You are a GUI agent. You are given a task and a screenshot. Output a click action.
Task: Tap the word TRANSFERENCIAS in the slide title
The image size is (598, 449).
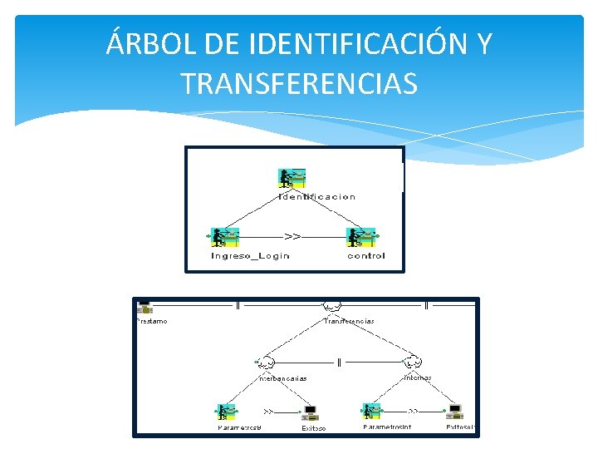click(299, 83)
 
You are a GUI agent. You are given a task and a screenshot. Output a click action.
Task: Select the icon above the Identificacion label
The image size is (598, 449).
click(292, 179)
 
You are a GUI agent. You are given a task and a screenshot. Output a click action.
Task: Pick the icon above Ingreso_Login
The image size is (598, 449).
click(225, 238)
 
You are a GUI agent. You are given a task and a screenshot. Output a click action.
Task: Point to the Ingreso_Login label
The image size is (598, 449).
click(250, 256)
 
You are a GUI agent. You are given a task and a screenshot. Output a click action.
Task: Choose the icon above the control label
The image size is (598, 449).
click(362, 238)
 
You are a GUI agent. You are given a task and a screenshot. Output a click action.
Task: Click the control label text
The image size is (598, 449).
click(366, 256)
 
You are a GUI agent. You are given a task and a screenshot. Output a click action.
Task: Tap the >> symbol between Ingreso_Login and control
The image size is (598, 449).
click(293, 237)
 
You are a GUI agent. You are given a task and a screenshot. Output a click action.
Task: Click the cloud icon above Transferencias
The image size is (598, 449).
click(333, 307)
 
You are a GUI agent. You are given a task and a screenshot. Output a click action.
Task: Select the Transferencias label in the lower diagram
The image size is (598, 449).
click(349, 321)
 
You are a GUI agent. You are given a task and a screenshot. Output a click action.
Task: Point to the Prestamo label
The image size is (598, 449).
click(151, 321)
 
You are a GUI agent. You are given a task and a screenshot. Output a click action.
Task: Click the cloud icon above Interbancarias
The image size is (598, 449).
click(267, 363)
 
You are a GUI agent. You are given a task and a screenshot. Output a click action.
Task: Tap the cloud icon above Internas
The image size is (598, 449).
click(413, 363)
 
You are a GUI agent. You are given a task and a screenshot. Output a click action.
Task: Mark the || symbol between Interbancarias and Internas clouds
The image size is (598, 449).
click(340, 363)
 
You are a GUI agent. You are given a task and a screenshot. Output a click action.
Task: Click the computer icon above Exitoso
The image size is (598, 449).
click(311, 412)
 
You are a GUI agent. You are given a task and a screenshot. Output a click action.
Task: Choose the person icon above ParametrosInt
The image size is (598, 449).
click(371, 411)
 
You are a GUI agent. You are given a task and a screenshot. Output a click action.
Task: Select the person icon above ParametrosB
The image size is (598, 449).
click(226, 411)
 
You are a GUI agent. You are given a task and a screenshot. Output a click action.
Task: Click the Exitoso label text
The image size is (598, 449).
click(314, 428)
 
